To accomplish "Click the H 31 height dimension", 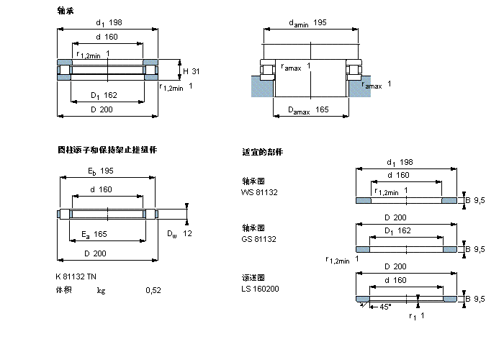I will (191, 71).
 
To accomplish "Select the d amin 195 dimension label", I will (307, 23).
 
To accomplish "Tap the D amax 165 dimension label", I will (308, 110).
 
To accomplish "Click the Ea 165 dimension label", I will (94, 233).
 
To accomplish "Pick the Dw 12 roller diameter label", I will (179, 233).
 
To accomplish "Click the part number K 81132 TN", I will (75, 277).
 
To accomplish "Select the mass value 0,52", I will (153, 290).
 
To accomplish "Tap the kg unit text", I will (102, 290).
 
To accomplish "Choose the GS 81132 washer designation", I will (259, 238).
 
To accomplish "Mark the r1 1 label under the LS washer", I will (416, 316).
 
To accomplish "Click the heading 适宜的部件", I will (263, 152).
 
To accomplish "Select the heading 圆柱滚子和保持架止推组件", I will (107, 150).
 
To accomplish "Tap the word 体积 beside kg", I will (64, 290).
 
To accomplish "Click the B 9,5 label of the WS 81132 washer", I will (475, 200).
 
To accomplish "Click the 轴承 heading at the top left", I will (66, 11).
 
